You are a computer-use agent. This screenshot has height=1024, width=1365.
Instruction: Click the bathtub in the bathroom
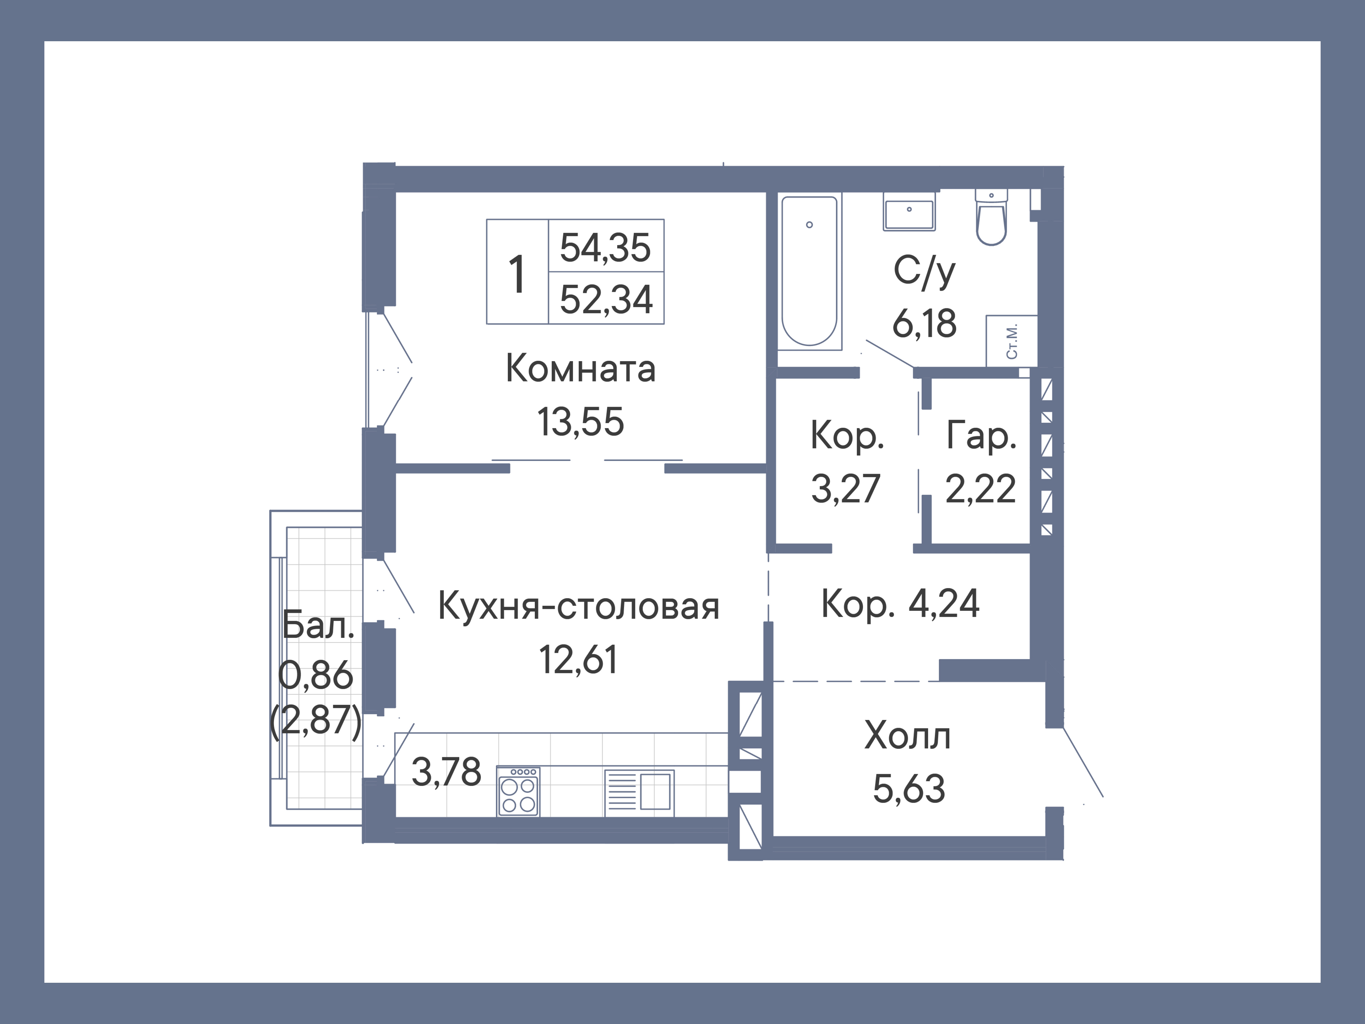click(x=809, y=272)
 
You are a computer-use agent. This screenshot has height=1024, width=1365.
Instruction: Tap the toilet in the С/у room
click(x=991, y=219)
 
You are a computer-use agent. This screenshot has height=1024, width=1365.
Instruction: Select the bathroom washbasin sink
click(x=909, y=212)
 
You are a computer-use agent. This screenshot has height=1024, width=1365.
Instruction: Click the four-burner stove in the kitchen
click(x=518, y=792)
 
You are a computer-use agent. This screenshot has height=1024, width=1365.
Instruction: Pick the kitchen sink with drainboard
click(x=639, y=792)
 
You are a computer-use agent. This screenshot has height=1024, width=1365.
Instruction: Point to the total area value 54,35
click(x=605, y=247)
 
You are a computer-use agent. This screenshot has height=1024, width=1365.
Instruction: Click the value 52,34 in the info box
click(x=605, y=299)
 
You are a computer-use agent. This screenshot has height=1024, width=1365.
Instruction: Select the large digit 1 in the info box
click(x=517, y=275)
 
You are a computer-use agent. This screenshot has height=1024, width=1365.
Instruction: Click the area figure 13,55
click(x=580, y=422)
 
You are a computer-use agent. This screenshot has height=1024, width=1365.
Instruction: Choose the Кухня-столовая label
click(x=578, y=606)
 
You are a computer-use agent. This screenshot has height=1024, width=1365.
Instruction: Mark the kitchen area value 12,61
click(x=578, y=659)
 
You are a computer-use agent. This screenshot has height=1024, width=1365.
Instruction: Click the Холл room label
click(x=907, y=736)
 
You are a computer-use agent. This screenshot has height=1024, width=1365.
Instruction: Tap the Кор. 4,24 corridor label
click(x=900, y=604)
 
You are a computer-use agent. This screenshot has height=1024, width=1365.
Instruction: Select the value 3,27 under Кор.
click(x=845, y=489)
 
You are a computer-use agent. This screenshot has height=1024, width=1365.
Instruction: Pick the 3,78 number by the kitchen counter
click(x=446, y=772)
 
